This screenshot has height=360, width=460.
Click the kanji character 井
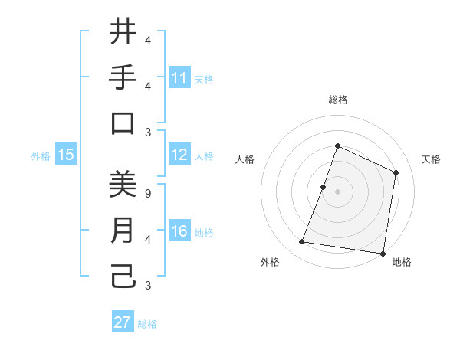123,32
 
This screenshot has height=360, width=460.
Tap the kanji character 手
123,77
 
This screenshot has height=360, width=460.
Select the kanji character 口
123,123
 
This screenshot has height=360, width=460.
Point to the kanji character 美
123,185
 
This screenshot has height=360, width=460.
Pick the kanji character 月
123,231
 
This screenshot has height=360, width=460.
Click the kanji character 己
123,277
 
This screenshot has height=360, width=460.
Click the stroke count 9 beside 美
147,193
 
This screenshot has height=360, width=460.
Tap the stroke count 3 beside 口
147,132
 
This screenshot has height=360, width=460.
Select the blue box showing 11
179,78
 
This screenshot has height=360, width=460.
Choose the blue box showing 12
179,155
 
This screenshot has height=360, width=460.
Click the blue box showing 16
179,232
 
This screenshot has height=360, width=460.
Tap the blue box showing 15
66,155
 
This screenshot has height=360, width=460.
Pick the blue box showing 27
123,322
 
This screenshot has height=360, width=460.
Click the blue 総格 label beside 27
147,324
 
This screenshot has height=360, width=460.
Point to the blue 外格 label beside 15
41,156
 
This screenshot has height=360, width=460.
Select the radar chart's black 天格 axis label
431,159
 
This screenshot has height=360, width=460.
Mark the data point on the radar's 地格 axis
383,253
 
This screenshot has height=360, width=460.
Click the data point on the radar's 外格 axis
302,242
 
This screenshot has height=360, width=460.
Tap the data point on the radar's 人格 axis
324,187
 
